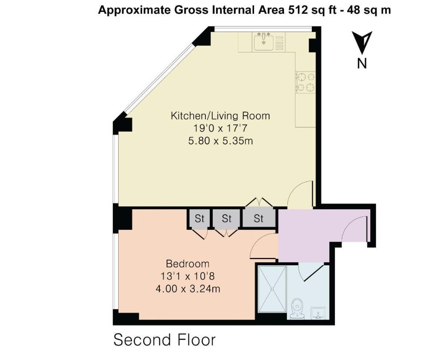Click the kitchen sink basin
(x=264, y=42)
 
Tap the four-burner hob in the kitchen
(x=306, y=82)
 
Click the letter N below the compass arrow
(x=362, y=63)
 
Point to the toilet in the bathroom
(x=297, y=308)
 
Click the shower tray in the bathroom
(x=272, y=289)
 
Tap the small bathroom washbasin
(x=318, y=313)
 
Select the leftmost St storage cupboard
(x=199, y=219)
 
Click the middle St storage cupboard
(x=226, y=219)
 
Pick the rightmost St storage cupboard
(x=258, y=219)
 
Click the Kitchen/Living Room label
(x=220, y=116)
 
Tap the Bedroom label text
(x=187, y=264)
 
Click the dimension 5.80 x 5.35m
(x=220, y=140)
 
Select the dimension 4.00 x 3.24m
(x=188, y=289)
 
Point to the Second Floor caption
(x=164, y=340)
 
